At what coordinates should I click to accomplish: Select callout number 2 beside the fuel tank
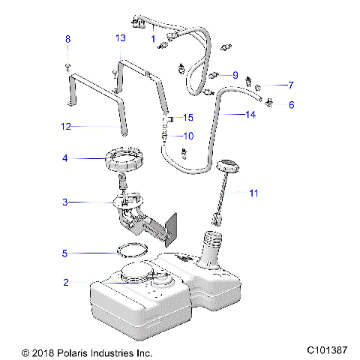pos(66,283)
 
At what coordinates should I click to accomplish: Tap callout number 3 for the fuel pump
pos(66,202)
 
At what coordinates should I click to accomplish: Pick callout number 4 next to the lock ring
pos(66,158)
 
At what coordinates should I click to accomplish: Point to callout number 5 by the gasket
pos(66,253)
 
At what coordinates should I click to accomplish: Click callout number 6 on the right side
pos(291,105)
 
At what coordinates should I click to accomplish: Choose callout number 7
pos(291,85)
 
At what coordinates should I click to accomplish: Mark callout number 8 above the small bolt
pos(67,39)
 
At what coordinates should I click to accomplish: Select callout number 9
pos(235,75)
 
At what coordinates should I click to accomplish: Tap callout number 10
pos(188,136)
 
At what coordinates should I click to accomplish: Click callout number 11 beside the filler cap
pos(253,193)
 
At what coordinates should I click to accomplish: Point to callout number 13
pos(120,38)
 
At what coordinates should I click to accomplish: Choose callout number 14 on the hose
pos(250,115)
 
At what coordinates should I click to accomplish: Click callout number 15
pos(188,118)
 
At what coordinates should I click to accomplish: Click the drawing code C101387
pos(328,351)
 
